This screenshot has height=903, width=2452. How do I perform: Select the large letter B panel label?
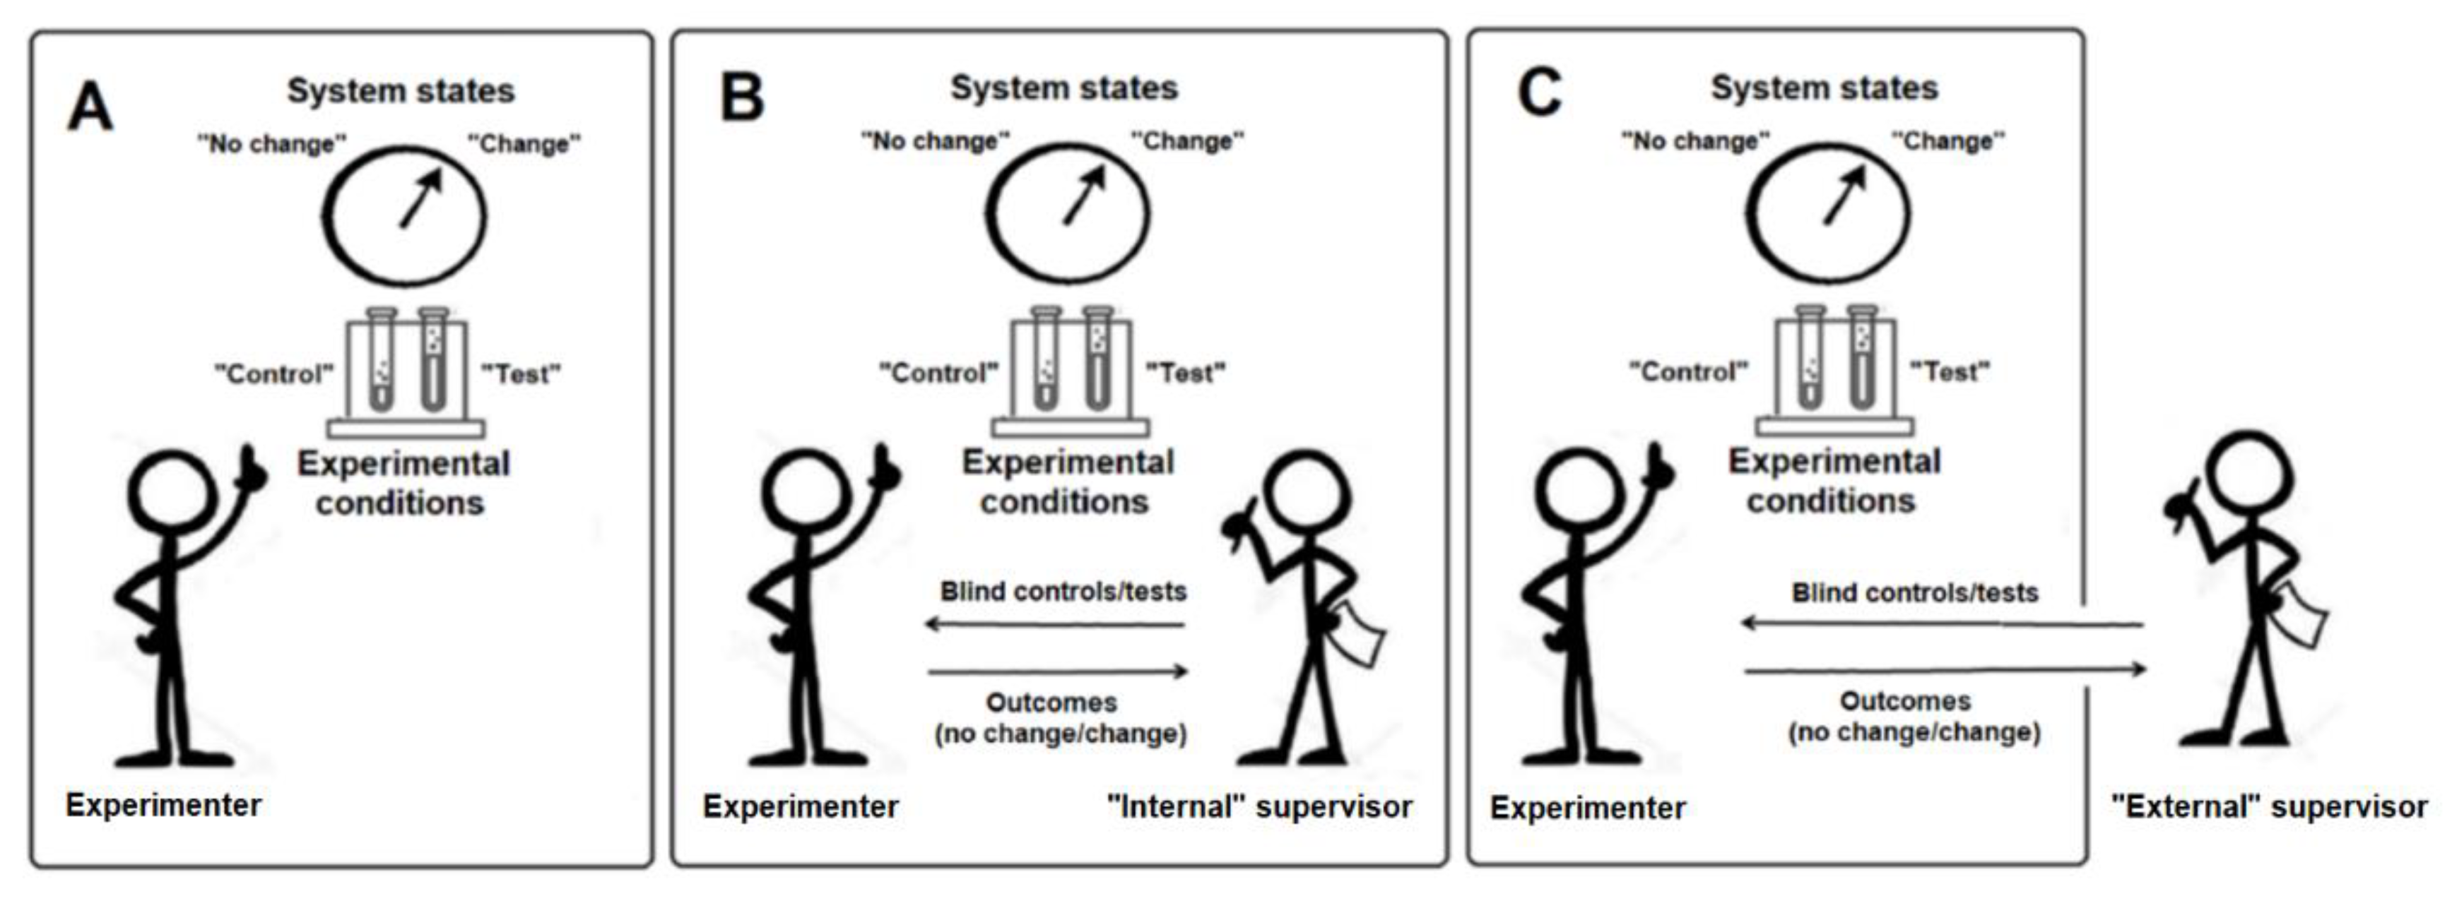point(741,98)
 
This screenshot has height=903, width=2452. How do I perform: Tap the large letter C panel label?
point(1538,93)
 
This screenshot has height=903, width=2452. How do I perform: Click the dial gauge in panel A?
point(403,216)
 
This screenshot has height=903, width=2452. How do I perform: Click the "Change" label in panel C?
point(1947,140)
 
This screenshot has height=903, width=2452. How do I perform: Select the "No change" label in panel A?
point(271,144)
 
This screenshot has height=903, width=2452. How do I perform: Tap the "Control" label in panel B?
point(938,372)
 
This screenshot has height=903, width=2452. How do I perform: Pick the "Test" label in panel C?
point(1950,371)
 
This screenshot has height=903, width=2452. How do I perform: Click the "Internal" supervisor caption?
point(1259,806)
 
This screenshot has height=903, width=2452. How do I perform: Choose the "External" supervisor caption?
point(2269,806)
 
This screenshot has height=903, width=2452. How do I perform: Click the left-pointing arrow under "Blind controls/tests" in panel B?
point(1055,625)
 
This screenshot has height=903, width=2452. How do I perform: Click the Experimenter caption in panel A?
point(163,805)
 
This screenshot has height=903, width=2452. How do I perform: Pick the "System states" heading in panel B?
point(1063,88)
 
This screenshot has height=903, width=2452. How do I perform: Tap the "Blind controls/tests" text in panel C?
point(1914,593)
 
